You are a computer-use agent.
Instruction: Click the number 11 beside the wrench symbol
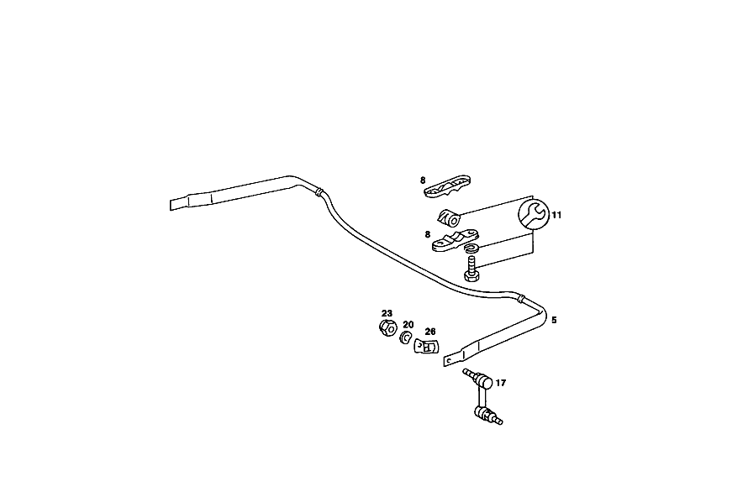click(556, 215)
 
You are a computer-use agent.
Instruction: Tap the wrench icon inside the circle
click(533, 214)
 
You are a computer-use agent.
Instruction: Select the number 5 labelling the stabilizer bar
click(554, 320)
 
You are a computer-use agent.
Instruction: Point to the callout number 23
click(387, 313)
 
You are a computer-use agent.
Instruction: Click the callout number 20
click(408, 325)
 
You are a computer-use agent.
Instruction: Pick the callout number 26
click(429, 331)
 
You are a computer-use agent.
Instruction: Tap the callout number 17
click(500, 383)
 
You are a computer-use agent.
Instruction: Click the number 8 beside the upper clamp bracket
click(423, 180)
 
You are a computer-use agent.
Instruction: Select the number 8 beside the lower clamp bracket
click(428, 234)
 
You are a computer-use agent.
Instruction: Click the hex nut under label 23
click(388, 328)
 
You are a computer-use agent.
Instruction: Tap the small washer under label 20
click(406, 337)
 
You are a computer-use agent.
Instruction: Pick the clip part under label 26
click(426, 347)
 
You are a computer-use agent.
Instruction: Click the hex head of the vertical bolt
click(471, 275)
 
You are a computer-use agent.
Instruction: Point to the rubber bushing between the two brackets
click(449, 217)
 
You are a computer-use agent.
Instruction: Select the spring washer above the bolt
click(472, 248)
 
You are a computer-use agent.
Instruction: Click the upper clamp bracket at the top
click(447, 186)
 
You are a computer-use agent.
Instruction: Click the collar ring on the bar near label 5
click(521, 299)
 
